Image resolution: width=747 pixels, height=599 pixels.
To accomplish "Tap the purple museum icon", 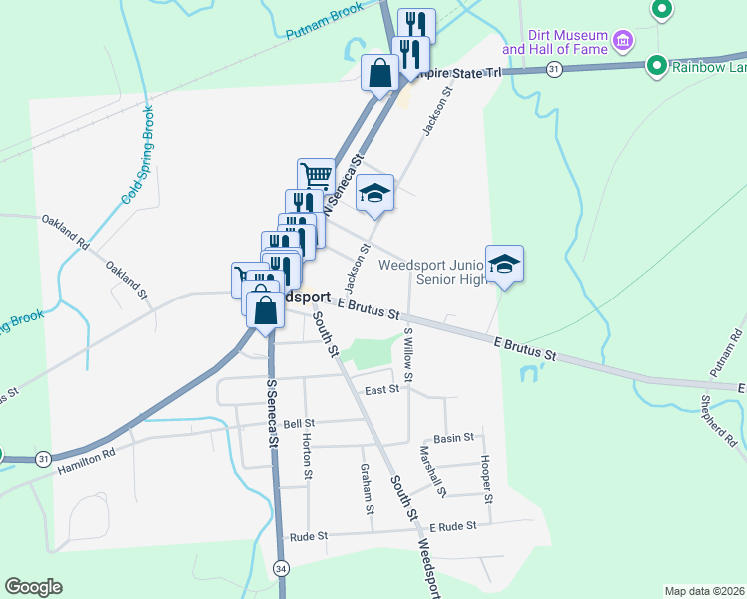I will click(x=624, y=40).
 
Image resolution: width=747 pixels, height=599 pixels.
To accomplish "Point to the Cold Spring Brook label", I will click(x=137, y=155).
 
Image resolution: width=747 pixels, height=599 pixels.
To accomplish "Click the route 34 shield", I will click(x=282, y=568).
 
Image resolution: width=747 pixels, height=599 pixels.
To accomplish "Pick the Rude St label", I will click(x=308, y=536).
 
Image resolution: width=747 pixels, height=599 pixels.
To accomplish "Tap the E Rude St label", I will click(x=453, y=526).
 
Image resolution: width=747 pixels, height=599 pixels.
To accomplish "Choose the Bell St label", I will click(x=299, y=424).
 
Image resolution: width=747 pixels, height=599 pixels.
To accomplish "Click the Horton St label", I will click(x=308, y=452).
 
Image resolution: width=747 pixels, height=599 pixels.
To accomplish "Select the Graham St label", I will click(x=368, y=489).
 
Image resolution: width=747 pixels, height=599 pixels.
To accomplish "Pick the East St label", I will click(x=381, y=389).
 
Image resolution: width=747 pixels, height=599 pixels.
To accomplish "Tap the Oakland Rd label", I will click(x=64, y=231).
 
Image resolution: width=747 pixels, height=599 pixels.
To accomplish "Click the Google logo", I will click(x=33, y=587).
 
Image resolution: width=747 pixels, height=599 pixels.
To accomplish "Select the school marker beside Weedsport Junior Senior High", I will click(x=505, y=265).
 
